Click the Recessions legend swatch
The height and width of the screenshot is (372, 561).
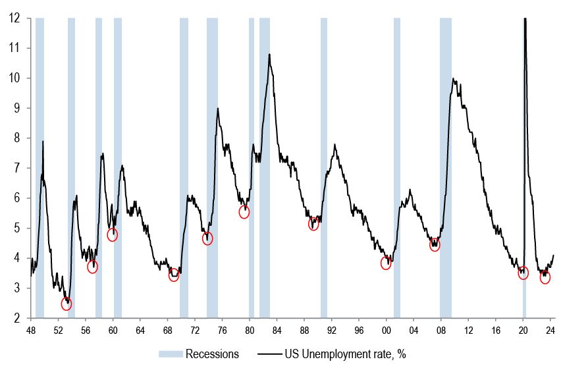click(x=170, y=354)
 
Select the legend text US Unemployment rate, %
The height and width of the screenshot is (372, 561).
click(x=344, y=354)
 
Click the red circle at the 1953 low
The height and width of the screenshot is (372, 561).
click(x=66, y=304)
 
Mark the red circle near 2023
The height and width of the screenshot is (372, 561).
click(x=545, y=277)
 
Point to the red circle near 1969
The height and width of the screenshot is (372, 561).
click(x=174, y=275)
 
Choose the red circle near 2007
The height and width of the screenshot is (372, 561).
click(x=435, y=245)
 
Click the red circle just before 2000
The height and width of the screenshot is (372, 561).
click(x=386, y=263)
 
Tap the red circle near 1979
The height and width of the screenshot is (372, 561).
click(x=244, y=212)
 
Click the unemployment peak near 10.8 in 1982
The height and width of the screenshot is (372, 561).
click(x=269, y=55)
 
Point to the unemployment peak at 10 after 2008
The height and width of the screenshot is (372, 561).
click(x=453, y=79)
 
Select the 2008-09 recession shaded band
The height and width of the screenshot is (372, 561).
click(x=446, y=165)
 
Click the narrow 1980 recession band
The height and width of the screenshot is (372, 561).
click(x=252, y=165)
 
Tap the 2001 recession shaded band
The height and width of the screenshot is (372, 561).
click(x=397, y=165)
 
